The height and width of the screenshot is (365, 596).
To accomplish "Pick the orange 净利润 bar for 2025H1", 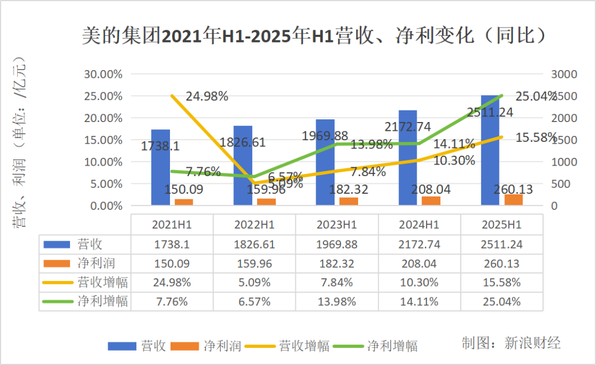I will click(513, 199).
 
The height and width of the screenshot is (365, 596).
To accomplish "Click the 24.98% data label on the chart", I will click(207, 97).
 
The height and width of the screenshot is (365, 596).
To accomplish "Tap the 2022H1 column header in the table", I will click(254, 225).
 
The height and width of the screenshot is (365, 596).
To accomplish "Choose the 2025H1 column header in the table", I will click(501, 225).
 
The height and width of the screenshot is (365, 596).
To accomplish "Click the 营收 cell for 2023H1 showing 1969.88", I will click(337, 244).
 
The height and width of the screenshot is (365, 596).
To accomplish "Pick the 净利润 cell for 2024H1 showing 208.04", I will click(419, 263).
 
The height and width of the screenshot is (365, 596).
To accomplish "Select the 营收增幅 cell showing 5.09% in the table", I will click(254, 283).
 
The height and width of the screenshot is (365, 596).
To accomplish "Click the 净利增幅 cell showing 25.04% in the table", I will click(501, 302).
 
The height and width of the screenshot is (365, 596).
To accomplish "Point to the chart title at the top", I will click(314, 36).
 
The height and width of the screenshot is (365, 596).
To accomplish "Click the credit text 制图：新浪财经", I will click(511, 343).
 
